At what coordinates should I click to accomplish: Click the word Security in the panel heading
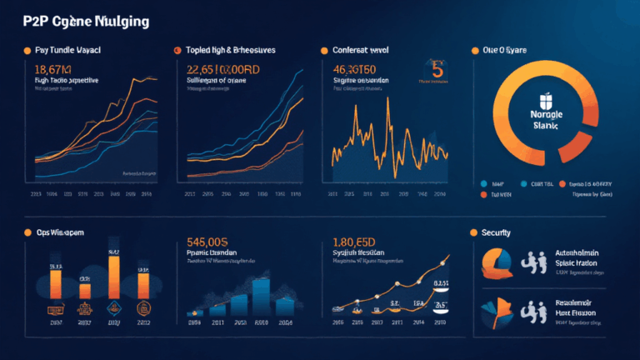click(497, 232)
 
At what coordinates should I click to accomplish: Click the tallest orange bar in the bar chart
click(114, 279)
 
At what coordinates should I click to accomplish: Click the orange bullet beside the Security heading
click(473, 232)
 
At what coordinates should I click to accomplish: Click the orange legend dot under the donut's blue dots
click(483, 192)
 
